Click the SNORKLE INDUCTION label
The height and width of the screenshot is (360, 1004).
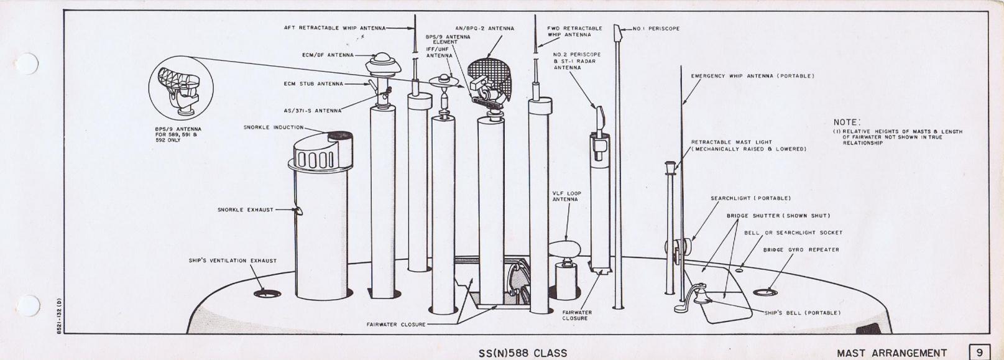[x=274, y=127]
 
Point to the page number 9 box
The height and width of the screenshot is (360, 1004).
[x=980, y=352]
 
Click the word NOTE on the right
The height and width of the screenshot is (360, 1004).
[x=846, y=123]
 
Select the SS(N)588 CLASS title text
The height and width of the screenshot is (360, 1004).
[x=523, y=353]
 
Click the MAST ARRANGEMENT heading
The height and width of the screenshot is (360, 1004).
[x=892, y=353]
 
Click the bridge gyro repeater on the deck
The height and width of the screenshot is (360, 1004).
[x=765, y=292]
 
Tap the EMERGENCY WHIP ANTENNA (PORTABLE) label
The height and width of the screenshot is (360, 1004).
[x=752, y=76]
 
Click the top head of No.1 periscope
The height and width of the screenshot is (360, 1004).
[x=617, y=31]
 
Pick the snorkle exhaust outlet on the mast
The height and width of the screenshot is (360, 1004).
[x=298, y=211]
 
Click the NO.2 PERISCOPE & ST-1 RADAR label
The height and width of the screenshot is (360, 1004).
[x=577, y=61]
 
